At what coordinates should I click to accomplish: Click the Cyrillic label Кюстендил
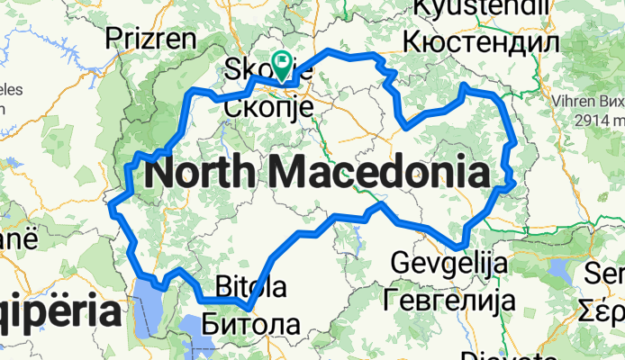[x=481, y=40]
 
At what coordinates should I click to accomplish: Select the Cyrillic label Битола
[x=246, y=321]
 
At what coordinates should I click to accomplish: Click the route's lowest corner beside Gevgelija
[x=459, y=244]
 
